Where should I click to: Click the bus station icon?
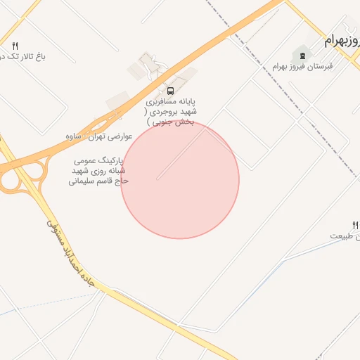pos(170,91)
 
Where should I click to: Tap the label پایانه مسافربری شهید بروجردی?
pos(171,107)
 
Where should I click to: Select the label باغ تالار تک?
pos(21,56)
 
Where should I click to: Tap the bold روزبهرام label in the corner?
pos(341,41)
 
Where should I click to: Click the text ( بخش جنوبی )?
pos(169,121)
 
